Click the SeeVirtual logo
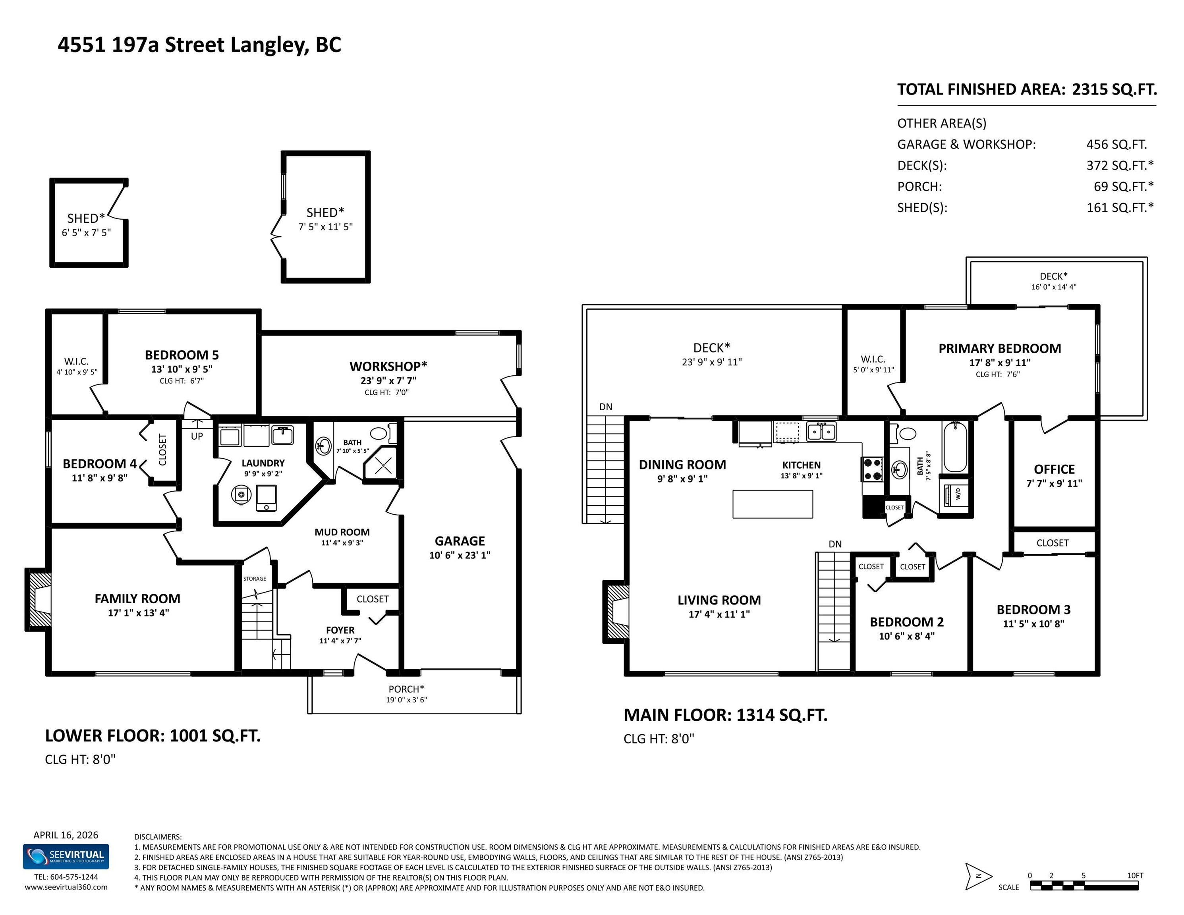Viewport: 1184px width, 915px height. (x=66, y=857)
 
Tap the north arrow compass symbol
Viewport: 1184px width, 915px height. (x=979, y=876)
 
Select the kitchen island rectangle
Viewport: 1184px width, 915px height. (x=773, y=504)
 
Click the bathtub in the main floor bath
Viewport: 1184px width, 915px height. (x=955, y=448)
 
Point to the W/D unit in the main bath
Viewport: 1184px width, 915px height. (x=954, y=494)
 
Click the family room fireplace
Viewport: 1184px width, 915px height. (x=39, y=600)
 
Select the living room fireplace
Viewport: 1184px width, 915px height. (x=616, y=612)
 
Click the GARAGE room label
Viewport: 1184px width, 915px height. (x=460, y=541)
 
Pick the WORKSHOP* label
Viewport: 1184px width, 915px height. (x=388, y=367)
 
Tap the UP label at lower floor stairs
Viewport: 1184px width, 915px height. (x=197, y=436)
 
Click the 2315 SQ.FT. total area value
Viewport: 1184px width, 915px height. (x=1114, y=89)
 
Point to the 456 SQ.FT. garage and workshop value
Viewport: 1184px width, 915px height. (x=1116, y=145)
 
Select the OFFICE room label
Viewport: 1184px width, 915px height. (x=1054, y=469)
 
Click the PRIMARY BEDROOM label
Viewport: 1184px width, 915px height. (x=1000, y=349)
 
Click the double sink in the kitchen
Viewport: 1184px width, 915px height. (x=821, y=431)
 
